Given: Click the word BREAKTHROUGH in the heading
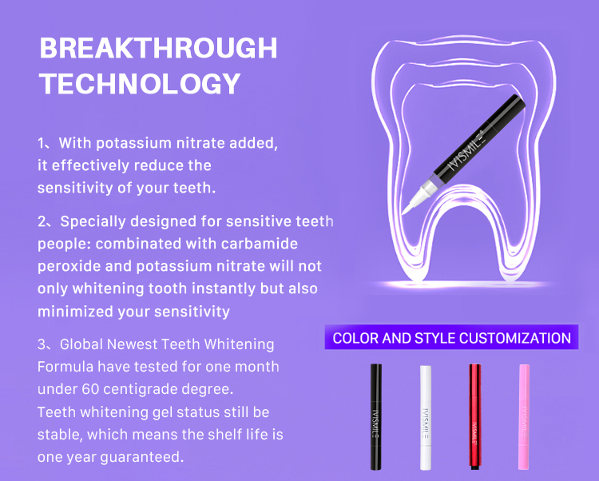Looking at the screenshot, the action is (x=159, y=48).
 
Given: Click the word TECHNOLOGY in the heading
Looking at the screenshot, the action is (x=140, y=84).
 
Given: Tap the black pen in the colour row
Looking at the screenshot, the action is (x=376, y=416).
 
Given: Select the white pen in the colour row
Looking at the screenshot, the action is (x=426, y=417).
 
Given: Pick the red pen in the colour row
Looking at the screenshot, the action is (x=475, y=416).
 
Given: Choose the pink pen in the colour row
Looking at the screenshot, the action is (x=524, y=417).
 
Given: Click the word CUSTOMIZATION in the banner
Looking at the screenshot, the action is (x=515, y=338).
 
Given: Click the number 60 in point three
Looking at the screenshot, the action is (x=90, y=389).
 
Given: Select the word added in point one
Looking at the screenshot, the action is (x=253, y=143).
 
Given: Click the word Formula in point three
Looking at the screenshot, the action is (x=65, y=367).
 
